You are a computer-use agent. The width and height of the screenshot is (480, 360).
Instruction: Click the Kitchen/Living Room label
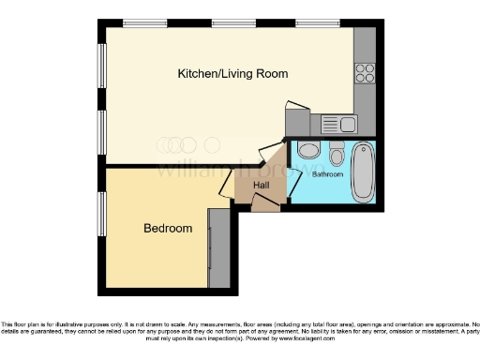(x=233, y=73)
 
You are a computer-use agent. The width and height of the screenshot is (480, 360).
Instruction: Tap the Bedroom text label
(x=168, y=228)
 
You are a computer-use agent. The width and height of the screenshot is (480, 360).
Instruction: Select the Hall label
(x=262, y=186)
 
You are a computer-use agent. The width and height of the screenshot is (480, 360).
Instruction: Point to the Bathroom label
(x=327, y=174)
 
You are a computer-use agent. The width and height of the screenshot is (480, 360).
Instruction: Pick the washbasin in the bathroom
(x=308, y=151)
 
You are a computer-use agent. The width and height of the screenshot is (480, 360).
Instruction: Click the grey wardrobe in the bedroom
(x=219, y=247)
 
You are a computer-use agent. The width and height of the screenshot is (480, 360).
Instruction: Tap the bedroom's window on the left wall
(x=102, y=214)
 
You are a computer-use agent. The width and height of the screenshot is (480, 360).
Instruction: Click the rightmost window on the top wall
(x=311, y=22)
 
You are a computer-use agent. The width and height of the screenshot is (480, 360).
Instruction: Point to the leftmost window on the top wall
(x=142, y=22)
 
